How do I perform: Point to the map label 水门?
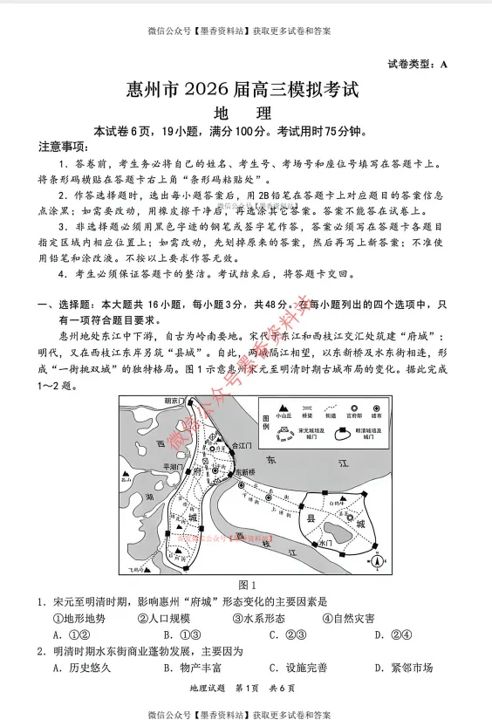point(327,544)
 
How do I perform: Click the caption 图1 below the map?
point(247,585)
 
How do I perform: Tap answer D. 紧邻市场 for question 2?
point(403,669)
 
